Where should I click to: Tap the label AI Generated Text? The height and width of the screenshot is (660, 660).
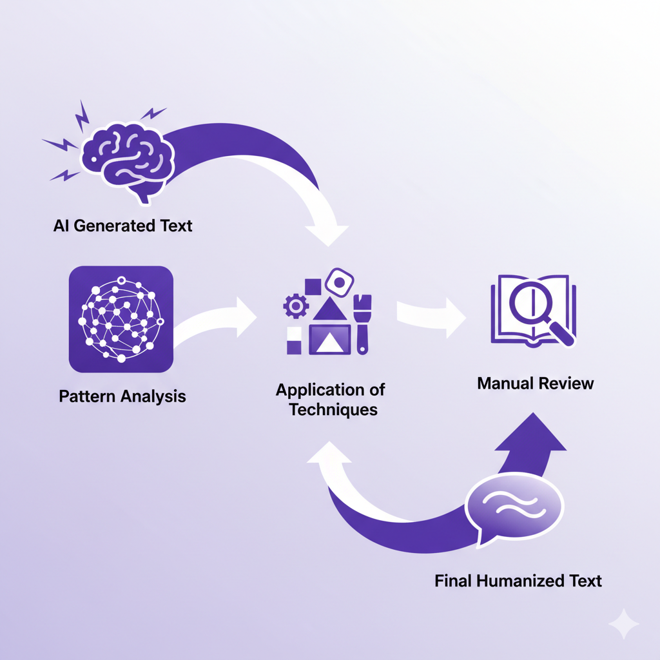(x=122, y=226)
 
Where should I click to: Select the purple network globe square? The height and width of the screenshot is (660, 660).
(x=121, y=319)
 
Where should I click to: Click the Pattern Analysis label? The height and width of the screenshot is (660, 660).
(x=122, y=396)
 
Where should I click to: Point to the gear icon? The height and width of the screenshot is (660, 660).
(x=296, y=305)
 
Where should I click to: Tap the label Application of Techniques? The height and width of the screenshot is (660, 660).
(x=331, y=399)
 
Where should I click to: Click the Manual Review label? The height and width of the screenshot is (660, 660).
(x=536, y=383)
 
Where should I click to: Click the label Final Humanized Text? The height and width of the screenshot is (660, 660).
(x=518, y=581)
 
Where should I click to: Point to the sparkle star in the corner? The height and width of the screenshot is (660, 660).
(x=624, y=624)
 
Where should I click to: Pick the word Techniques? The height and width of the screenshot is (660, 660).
(x=333, y=409)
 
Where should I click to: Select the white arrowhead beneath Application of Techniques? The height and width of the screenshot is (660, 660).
(x=330, y=454)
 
